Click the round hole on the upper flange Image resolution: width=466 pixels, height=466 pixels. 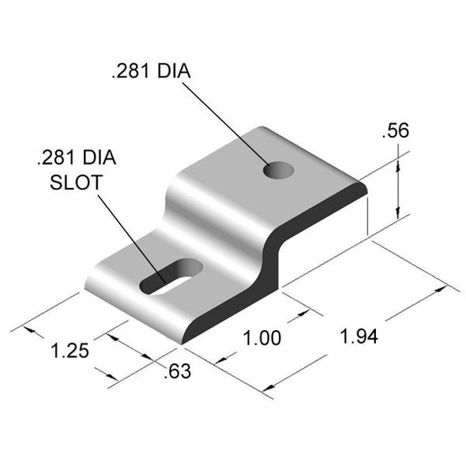tap(278, 169)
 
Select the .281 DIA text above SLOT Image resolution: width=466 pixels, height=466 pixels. tap(76, 158)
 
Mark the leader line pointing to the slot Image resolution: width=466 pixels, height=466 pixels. tap(130, 229)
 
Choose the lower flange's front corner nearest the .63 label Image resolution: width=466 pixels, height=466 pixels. tap(182, 341)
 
